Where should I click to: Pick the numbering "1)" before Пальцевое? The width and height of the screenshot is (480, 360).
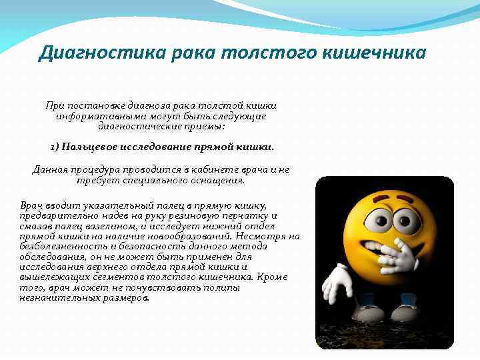pos(55,147)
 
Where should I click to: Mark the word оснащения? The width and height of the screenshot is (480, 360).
pos(215,180)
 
